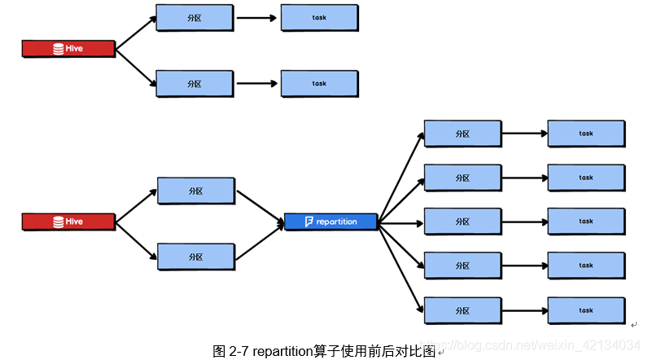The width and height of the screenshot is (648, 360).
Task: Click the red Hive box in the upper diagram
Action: click(x=68, y=49)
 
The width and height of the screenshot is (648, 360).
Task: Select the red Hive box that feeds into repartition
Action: click(x=68, y=222)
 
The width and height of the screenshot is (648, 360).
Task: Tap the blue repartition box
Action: click(x=331, y=222)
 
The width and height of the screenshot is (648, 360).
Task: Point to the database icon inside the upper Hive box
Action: click(x=58, y=49)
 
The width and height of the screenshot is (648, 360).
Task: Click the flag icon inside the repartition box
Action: click(x=309, y=222)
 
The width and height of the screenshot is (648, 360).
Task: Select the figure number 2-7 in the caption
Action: click(x=239, y=351)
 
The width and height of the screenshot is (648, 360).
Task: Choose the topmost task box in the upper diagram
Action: click(x=319, y=17)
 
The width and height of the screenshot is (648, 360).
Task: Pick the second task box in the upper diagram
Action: click(x=319, y=83)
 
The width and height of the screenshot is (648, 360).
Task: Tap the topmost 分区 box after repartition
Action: click(x=462, y=134)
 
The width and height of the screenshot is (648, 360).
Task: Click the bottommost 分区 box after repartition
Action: click(x=462, y=310)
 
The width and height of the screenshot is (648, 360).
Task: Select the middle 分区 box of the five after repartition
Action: click(x=462, y=222)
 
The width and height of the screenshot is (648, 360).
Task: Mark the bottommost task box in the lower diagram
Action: click(x=586, y=310)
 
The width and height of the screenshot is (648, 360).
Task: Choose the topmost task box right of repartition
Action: click(x=586, y=134)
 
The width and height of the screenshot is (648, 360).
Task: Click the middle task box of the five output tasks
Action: click(x=586, y=222)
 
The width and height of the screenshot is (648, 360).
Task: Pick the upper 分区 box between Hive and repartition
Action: click(x=195, y=191)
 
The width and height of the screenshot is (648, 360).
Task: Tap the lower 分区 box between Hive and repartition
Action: click(x=195, y=257)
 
